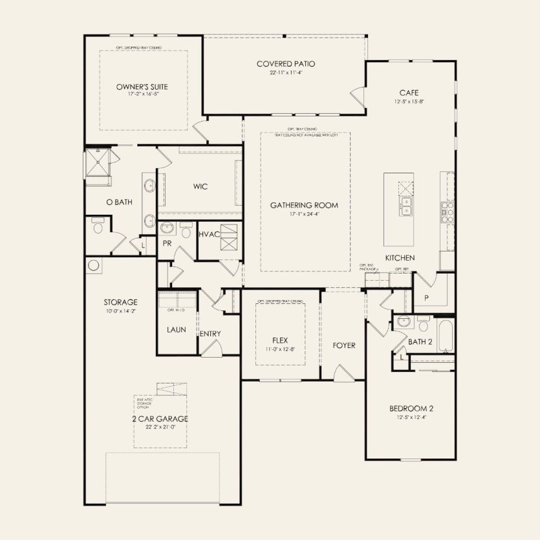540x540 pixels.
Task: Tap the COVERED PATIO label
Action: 285,64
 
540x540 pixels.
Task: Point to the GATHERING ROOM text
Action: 305,205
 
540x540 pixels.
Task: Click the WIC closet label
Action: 200,186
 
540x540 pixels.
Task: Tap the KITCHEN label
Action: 400,258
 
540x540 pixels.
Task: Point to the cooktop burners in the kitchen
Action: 448,211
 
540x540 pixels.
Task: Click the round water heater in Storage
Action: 93,265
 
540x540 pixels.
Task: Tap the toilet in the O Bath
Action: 98,227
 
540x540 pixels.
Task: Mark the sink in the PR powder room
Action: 167,228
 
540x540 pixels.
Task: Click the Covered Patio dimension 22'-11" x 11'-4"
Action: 285,72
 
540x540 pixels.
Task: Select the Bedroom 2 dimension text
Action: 411,416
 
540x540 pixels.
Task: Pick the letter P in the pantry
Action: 426,298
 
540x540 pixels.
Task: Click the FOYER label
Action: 344,345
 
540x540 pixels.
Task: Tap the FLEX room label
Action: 280,340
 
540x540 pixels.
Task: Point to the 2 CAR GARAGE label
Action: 160,419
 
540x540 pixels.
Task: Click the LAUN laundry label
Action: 177,329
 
